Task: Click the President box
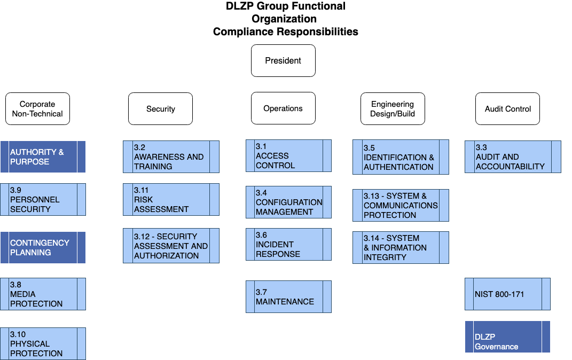(x=283, y=60)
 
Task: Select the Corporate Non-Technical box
(x=37, y=109)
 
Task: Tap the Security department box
(x=160, y=109)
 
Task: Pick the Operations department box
(x=283, y=108)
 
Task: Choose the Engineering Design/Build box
(x=393, y=109)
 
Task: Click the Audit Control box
(x=507, y=109)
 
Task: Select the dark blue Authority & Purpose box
(x=43, y=157)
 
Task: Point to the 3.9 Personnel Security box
(x=43, y=200)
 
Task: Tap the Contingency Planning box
(x=43, y=247)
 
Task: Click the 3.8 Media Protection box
(x=43, y=294)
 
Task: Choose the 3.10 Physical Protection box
(x=43, y=343)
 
